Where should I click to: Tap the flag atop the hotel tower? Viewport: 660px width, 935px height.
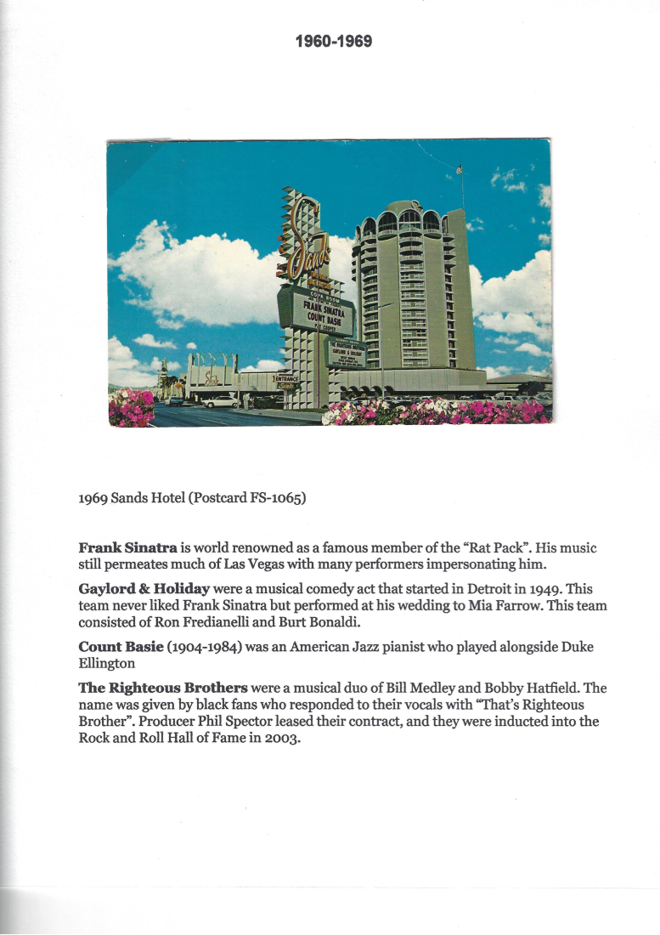(x=460, y=169)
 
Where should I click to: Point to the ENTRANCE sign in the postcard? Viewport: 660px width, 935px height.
(x=285, y=377)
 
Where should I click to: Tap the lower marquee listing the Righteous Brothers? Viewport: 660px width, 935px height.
(x=344, y=351)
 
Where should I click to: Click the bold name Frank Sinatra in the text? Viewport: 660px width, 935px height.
(x=127, y=548)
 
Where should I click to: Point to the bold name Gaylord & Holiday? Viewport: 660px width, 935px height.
(x=144, y=589)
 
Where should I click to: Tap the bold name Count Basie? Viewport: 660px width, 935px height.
(x=121, y=647)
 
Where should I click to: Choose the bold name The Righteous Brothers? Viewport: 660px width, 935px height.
(x=163, y=688)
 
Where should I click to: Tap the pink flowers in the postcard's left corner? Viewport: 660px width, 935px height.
(x=132, y=408)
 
